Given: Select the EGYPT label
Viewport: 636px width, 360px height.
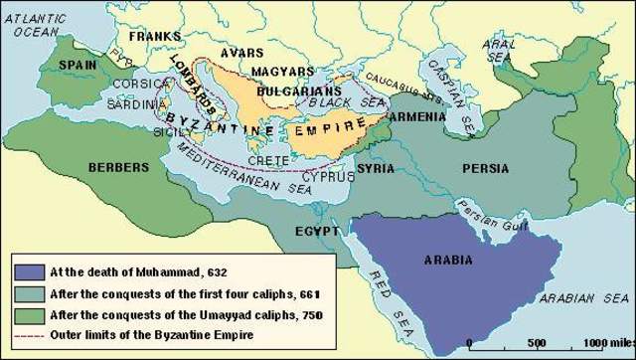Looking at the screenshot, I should point(319,231).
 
